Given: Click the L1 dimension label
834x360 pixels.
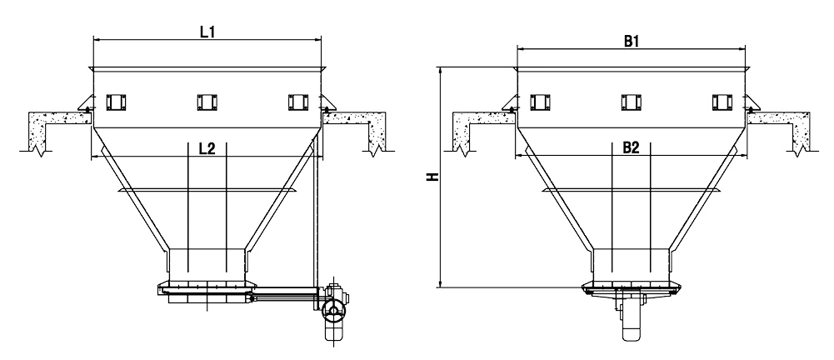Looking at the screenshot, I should coord(207,31).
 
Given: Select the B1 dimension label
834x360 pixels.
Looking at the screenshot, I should coord(631,41).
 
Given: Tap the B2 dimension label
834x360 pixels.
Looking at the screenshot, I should coord(631,149).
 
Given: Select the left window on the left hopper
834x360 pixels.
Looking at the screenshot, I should coord(115,102).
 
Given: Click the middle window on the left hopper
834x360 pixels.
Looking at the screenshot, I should coord(207,102).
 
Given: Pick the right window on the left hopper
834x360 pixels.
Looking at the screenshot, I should coord(297,102).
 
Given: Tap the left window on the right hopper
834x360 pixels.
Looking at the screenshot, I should coord(539,102).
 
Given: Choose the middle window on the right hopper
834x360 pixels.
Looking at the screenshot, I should coord(631,102).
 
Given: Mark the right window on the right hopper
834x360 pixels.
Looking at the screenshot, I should coord(722,102).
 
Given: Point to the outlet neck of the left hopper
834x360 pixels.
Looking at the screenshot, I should coord(207,262).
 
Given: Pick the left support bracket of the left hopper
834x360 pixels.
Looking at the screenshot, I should coord(85,106).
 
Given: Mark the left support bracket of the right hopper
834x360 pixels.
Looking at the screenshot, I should coord(509,106).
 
